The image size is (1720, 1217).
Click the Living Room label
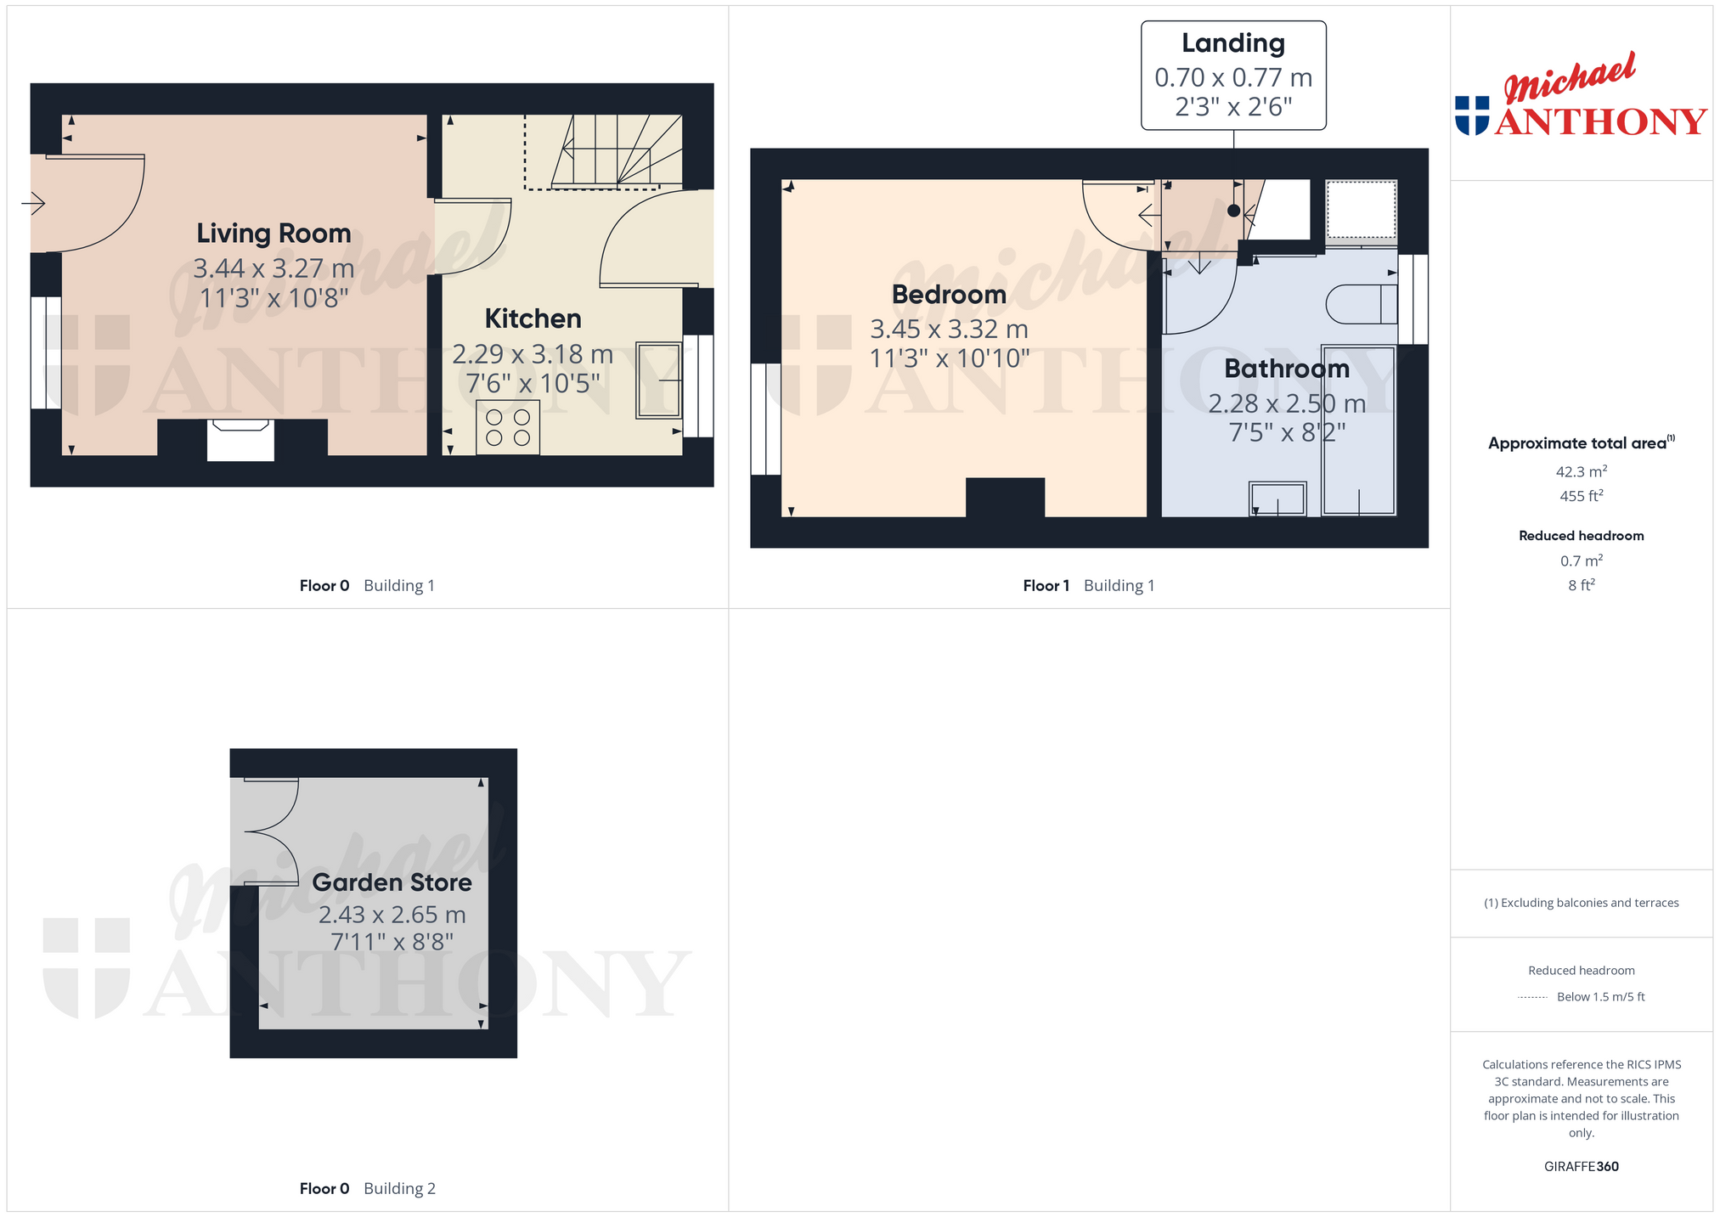(x=274, y=234)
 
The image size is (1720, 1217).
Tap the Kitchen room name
(x=533, y=318)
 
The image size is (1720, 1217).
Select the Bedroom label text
(x=949, y=295)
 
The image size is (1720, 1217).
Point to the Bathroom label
(x=1287, y=369)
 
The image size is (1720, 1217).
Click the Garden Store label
(x=392, y=882)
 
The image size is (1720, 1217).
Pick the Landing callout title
(x=1233, y=43)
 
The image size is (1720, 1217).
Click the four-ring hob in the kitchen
(x=508, y=427)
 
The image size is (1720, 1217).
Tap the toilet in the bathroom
(x=1361, y=304)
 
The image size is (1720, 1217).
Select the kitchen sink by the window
(x=658, y=380)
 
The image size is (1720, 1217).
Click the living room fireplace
(x=240, y=440)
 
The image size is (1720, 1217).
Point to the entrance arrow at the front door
(x=33, y=204)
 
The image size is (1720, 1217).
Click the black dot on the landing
(x=1233, y=211)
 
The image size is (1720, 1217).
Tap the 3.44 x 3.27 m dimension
(x=274, y=268)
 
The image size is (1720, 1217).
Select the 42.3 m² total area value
(x=1581, y=471)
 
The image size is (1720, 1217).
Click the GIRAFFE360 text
(x=1581, y=1166)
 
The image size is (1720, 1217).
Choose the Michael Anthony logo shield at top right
(x=1472, y=116)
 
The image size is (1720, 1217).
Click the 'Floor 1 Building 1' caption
(x=1088, y=585)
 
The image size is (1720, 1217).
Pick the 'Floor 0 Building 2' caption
(x=367, y=1188)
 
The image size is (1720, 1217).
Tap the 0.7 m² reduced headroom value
(x=1581, y=561)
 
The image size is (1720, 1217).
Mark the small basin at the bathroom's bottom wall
(x=1277, y=499)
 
